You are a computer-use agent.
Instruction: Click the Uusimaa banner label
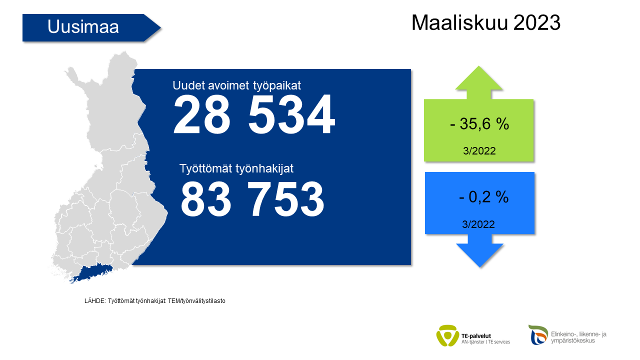(x=83, y=27)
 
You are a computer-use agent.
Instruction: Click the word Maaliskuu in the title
(x=459, y=22)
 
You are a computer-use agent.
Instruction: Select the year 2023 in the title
(x=537, y=22)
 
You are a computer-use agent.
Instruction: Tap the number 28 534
(x=254, y=114)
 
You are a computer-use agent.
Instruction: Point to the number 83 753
(x=252, y=199)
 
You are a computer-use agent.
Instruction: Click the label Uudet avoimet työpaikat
(x=236, y=85)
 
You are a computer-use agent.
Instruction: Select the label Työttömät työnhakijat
(x=236, y=168)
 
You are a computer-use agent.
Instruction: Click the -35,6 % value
(x=479, y=124)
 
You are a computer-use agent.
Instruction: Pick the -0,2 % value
(x=483, y=197)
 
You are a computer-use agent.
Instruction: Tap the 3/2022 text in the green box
(x=479, y=151)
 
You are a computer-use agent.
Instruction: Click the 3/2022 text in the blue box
(x=478, y=224)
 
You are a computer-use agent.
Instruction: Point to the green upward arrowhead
(x=479, y=78)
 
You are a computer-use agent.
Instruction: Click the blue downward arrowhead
(x=479, y=255)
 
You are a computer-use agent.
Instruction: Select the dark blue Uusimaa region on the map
(x=91, y=273)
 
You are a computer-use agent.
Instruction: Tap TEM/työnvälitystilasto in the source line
(x=196, y=301)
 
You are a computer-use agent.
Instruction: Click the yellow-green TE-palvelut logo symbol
(x=447, y=335)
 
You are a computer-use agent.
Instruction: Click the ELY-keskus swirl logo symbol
(x=538, y=334)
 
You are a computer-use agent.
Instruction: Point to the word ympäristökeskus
(x=573, y=341)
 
